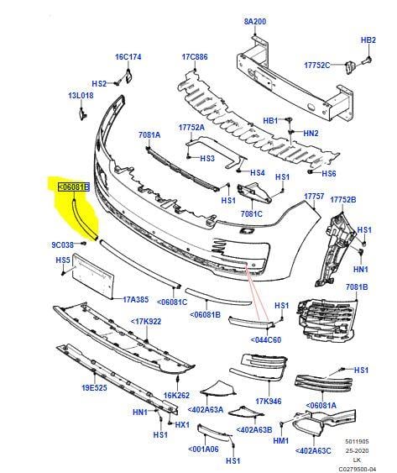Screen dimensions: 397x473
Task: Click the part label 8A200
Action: tap(254, 21)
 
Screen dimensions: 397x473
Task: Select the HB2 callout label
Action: tap(368, 40)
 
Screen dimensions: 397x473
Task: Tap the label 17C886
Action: tap(195, 57)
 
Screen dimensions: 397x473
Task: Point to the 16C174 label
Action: tap(128, 57)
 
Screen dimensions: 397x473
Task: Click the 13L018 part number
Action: tap(81, 96)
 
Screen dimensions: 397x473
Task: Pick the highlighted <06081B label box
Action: tap(74, 187)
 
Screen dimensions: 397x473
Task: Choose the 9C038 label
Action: tap(63, 244)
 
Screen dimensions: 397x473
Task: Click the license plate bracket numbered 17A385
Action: tap(93, 276)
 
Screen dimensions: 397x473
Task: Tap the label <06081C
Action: tap(172, 302)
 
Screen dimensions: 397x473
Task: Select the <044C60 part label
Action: tap(265, 340)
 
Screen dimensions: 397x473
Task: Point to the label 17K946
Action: tap(269, 402)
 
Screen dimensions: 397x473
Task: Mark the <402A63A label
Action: tap(206, 410)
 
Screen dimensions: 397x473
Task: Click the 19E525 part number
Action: tap(94, 387)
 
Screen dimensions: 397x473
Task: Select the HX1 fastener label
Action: tap(182, 425)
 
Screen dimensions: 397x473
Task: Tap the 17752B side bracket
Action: tap(335, 249)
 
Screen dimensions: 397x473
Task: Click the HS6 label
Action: tap(328, 173)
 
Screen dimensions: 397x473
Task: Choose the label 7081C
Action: tap(252, 214)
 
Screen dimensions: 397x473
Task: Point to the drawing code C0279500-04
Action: tap(358, 469)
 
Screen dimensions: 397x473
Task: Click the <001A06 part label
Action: tap(203, 449)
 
